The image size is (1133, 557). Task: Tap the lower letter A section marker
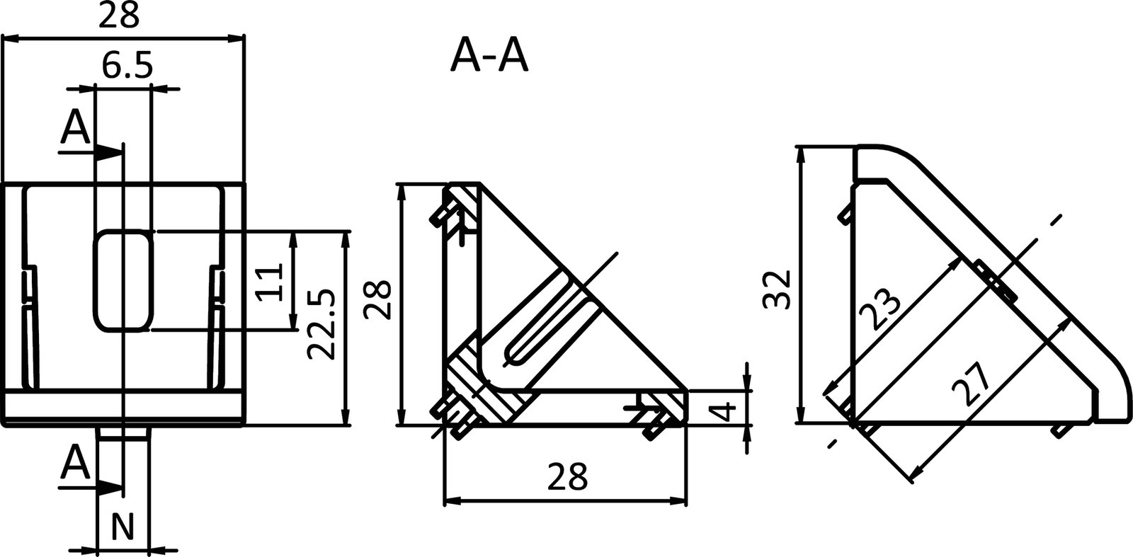pyautogui.click(x=75, y=464)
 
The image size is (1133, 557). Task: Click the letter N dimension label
pyautogui.click(x=123, y=527)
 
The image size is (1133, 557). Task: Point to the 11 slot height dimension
pyautogui.click(x=271, y=281)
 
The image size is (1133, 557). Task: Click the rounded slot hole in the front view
pyautogui.click(x=123, y=280)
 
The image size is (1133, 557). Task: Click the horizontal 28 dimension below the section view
pyautogui.click(x=566, y=477)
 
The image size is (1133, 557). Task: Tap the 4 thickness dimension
pyautogui.click(x=722, y=411)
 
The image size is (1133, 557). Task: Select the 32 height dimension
pyautogui.click(x=778, y=289)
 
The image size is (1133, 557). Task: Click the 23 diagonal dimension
pyautogui.click(x=880, y=309)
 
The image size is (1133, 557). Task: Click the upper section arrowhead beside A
pyautogui.click(x=108, y=151)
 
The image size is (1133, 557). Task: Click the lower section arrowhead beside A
pyautogui.click(x=108, y=487)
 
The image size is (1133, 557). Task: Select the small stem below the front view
pyautogui.click(x=123, y=433)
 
